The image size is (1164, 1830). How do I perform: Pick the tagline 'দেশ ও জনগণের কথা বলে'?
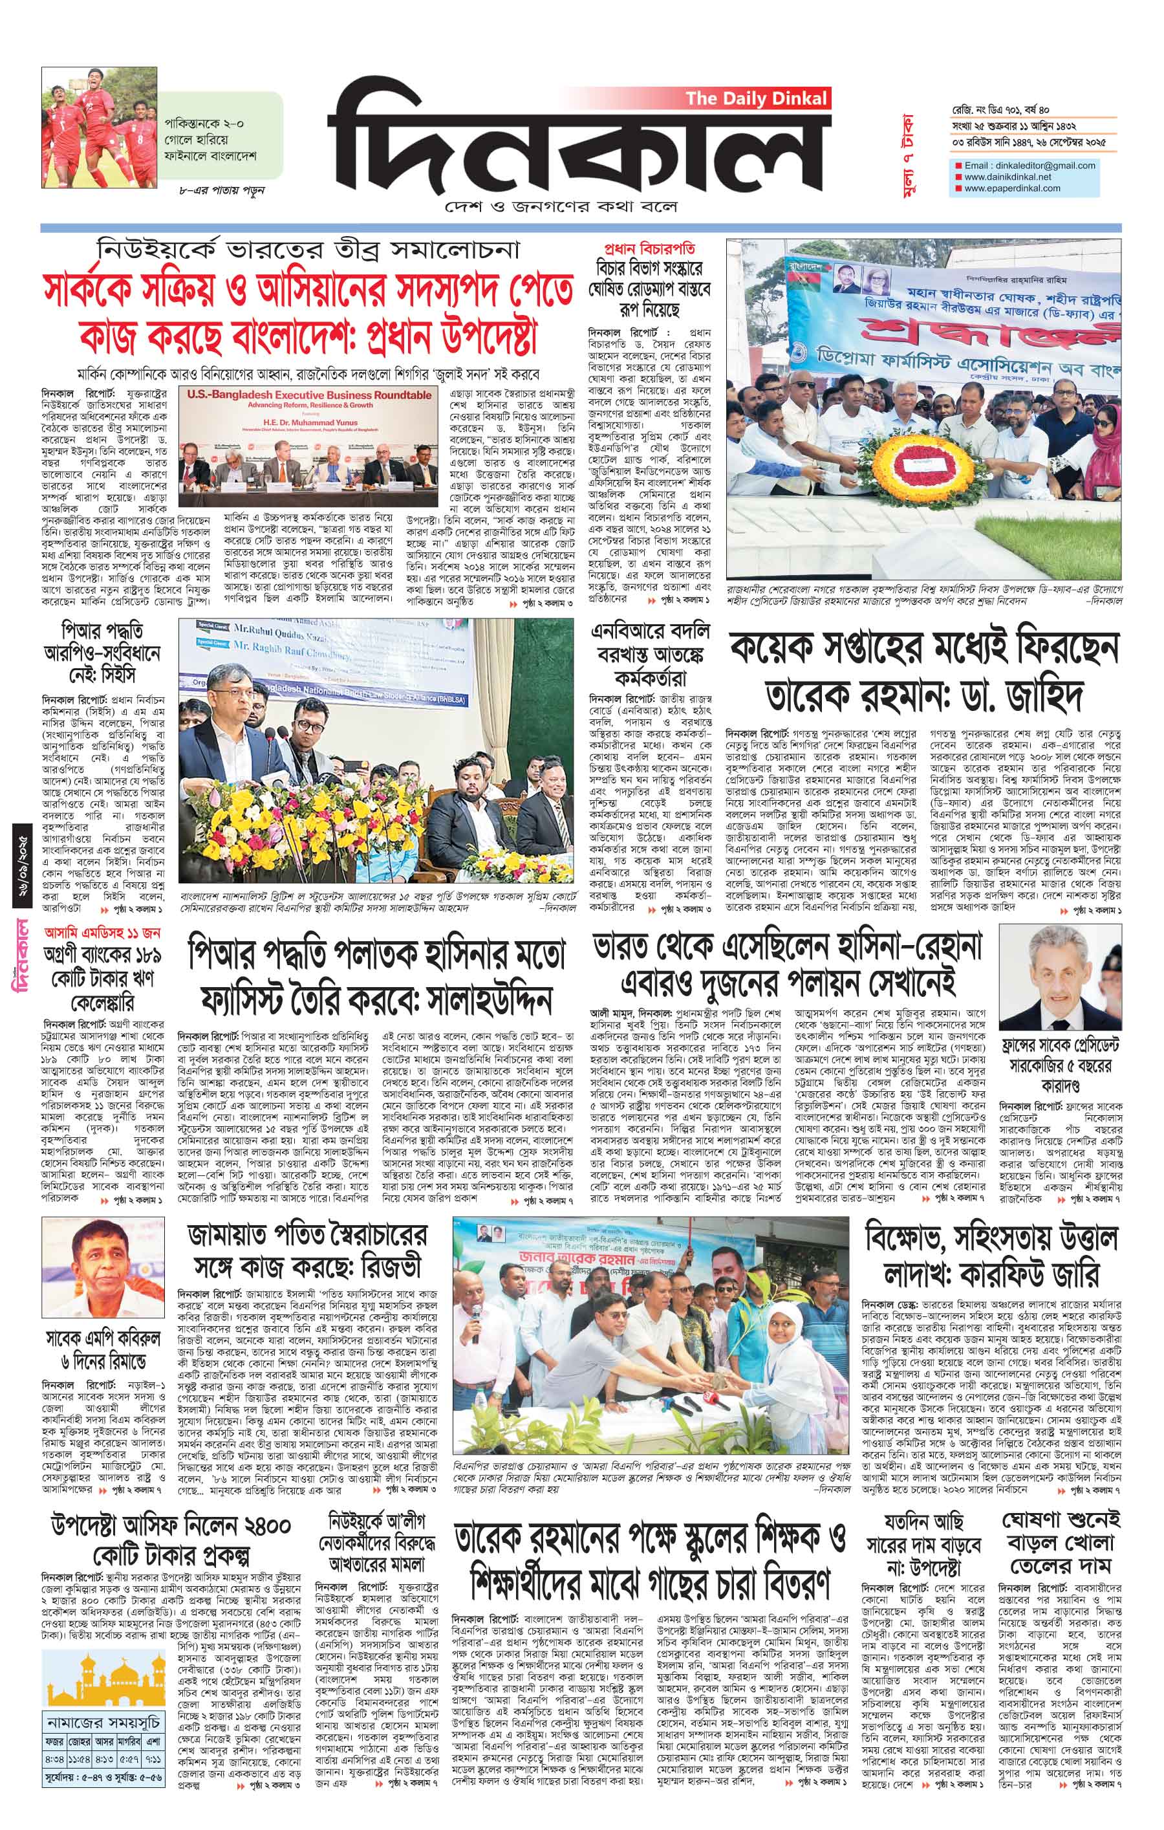tap(561, 207)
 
